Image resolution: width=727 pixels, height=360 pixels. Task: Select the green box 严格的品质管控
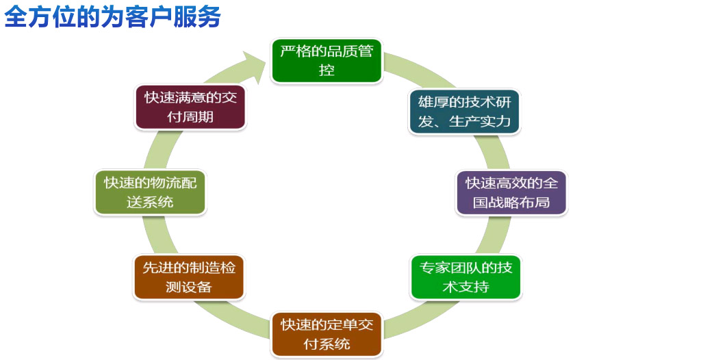click(x=327, y=61)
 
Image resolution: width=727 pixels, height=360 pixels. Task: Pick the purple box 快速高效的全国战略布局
click(x=511, y=192)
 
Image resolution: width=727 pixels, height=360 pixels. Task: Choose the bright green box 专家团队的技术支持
click(x=465, y=277)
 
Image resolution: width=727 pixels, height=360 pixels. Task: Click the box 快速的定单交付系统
click(x=327, y=333)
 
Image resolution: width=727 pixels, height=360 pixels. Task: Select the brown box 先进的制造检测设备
click(x=189, y=277)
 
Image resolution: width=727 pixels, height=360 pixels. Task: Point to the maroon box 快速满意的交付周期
click(x=190, y=107)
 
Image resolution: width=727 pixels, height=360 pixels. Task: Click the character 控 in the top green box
click(x=327, y=70)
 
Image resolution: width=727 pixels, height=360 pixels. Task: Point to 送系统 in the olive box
click(x=150, y=202)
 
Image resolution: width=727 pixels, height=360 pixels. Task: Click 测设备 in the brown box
click(x=189, y=287)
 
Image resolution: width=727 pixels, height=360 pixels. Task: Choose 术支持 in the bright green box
click(x=465, y=287)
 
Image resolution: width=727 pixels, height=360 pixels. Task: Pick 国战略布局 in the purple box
click(x=511, y=203)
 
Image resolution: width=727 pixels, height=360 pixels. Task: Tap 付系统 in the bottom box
click(x=327, y=344)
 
